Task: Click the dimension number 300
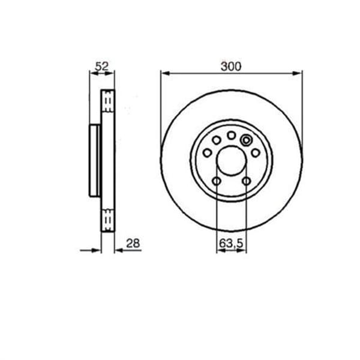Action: pyautogui.click(x=230, y=67)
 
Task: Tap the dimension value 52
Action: pyautogui.click(x=101, y=67)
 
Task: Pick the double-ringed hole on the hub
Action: pyautogui.click(x=245, y=140)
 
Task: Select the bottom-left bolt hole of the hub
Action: pyautogui.click(x=216, y=181)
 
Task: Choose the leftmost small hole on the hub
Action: pyautogui.click(x=207, y=153)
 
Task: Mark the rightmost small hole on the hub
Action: pyautogui.click(x=255, y=153)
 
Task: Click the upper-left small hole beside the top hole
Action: pyautogui.click(x=217, y=140)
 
